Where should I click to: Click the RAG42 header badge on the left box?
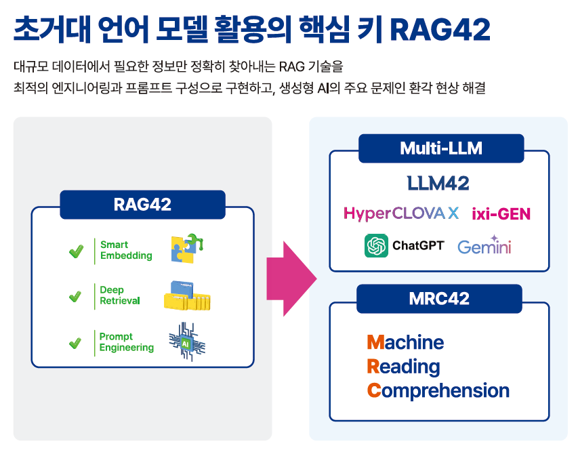(x=142, y=205)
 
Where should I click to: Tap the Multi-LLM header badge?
(x=440, y=148)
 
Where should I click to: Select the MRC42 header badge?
(x=439, y=299)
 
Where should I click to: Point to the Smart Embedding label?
(x=126, y=250)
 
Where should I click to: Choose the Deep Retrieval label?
(x=119, y=295)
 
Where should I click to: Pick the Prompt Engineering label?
(x=126, y=342)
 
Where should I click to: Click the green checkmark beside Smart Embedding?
(x=76, y=251)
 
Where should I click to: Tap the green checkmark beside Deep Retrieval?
(x=76, y=297)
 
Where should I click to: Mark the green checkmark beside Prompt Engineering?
(x=76, y=343)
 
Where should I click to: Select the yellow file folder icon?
(x=185, y=295)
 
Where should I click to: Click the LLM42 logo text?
(x=438, y=183)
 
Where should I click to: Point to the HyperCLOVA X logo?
(x=401, y=213)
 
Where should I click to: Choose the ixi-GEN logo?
(x=501, y=214)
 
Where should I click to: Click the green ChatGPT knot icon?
(x=376, y=245)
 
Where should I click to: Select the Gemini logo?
(x=484, y=246)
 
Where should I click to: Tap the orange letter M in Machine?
(x=375, y=342)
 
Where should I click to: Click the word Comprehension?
(x=438, y=391)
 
